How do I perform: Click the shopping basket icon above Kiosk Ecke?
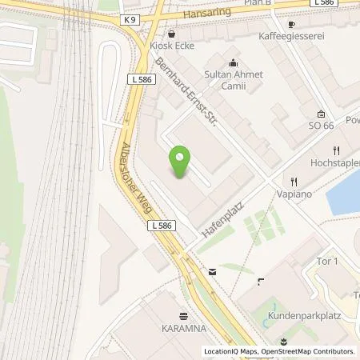point(172,34)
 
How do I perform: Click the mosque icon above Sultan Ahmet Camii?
point(233,63)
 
